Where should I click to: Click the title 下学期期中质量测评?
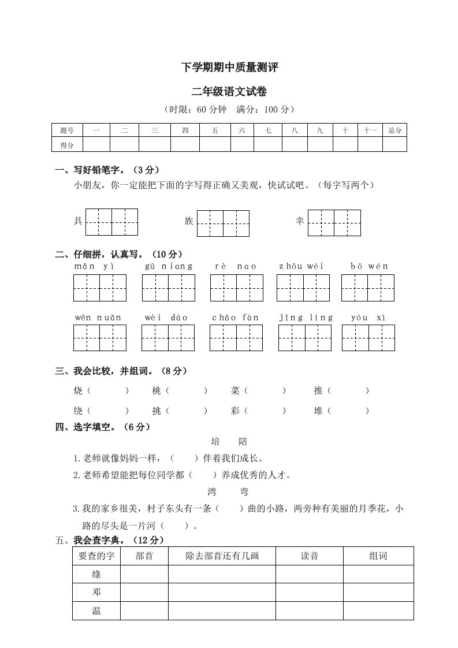click(x=230, y=68)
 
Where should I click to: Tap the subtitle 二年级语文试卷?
click(x=229, y=91)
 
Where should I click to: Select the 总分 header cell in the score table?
click(x=394, y=131)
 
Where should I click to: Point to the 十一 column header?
click(x=370, y=131)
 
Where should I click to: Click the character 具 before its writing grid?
click(x=78, y=221)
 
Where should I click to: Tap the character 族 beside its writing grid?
click(x=189, y=221)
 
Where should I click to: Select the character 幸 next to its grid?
click(x=300, y=221)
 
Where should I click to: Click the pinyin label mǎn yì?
click(x=94, y=266)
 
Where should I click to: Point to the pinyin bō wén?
click(x=369, y=266)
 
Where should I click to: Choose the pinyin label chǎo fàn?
click(x=235, y=317)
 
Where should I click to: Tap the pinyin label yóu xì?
click(x=368, y=317)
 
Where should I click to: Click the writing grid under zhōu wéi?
click(x=303, y=288)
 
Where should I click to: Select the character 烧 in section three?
click(x=79, y=391)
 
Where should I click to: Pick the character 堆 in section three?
click(x=318, y=411)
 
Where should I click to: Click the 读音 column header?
click(x=310, y=556)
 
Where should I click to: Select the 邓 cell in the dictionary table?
click(x=96, y=592)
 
